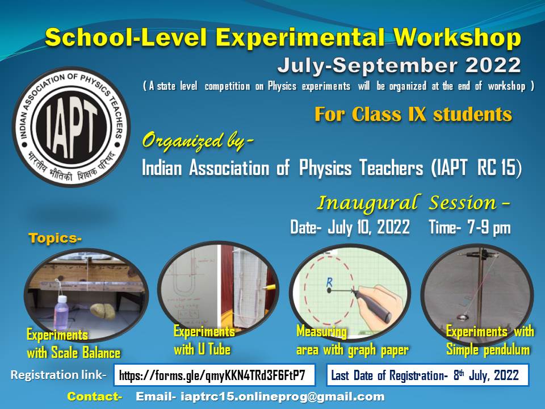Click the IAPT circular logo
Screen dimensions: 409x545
[70, 127]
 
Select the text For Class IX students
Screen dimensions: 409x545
[413, 114]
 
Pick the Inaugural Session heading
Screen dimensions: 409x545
[413, 202]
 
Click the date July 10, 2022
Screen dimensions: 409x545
[350, 228]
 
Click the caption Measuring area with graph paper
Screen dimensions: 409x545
[352, 341]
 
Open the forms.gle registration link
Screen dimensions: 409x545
[217, 375]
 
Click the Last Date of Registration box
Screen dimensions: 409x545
[427, 375]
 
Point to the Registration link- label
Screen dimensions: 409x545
[58, 375]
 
